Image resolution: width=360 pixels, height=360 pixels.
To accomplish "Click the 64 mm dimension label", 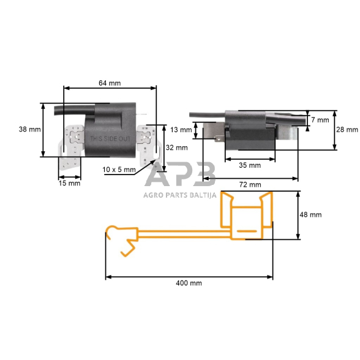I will [110, 84].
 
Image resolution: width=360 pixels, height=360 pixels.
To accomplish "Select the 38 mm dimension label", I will [30, 130].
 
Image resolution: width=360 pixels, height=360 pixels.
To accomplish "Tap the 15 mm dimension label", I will [69, 183].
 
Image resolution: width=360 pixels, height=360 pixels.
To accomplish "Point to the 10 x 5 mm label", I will [119, 170].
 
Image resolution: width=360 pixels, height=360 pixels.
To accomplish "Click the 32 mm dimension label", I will [177, 148].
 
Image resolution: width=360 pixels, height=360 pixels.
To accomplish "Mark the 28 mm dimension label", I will [347, 130].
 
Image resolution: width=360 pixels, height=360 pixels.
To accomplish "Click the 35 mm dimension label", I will [249, 165].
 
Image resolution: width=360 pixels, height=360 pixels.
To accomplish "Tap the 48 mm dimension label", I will [310, 216].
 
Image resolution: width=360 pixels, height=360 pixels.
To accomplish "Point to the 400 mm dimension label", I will [188, 283].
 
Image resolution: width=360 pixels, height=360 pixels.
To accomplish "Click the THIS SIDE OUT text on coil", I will [110, 140].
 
